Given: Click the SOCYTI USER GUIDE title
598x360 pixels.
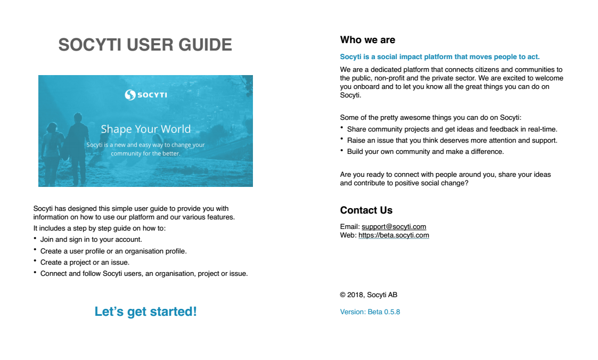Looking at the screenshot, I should coord(145,45).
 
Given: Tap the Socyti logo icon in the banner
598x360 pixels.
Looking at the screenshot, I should coord(130,95).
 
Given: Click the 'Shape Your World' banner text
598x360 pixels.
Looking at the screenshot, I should coord(145,129).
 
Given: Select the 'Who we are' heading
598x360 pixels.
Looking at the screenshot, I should coord(367,40).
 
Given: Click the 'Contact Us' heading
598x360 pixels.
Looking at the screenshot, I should coord(366,210).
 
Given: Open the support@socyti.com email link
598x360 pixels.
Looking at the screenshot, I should coord(394,226).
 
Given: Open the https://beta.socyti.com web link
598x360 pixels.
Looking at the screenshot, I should coord(394,235).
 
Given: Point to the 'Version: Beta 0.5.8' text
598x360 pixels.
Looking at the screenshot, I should coord(370,312).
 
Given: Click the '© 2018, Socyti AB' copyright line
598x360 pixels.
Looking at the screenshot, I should coord(368,294).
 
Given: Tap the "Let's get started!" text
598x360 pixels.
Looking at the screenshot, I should coord(145,312).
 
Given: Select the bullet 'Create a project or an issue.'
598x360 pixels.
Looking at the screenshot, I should coord(85,262).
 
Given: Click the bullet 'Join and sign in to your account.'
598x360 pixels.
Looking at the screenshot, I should coord(91,240).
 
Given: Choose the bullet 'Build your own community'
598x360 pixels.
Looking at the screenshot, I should coord(425,151).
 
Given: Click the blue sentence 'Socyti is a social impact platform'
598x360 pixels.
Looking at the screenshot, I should coord(439,56).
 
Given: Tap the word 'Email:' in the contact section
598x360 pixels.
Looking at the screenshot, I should coord(350,226).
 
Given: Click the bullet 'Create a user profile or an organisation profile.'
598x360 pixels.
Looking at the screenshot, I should coord(113,251).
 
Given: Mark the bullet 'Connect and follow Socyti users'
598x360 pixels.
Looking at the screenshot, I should coord(144,274).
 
